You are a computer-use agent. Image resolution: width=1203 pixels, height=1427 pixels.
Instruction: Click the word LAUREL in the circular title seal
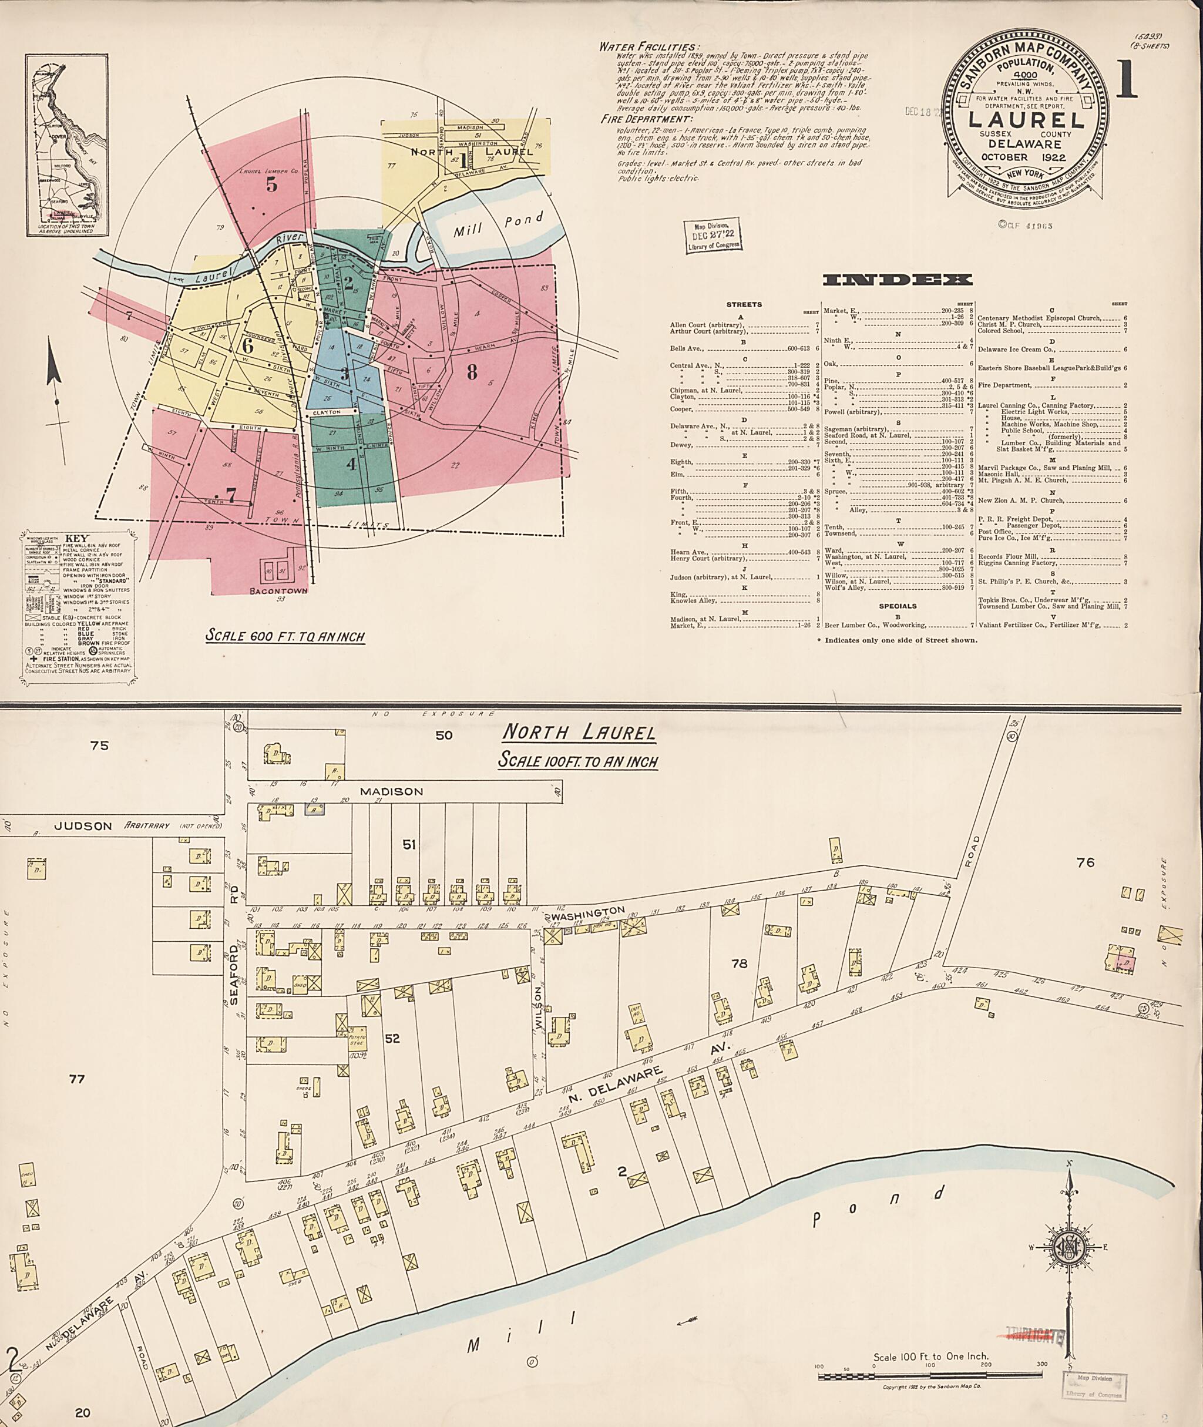pyautogui.click(x=1027, y=120)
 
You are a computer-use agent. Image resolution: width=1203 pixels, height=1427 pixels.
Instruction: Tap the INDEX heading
pyautogui.click(x=898, y=280)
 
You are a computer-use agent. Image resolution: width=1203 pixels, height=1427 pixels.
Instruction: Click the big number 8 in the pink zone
pyautogui.click(x=471, y=372)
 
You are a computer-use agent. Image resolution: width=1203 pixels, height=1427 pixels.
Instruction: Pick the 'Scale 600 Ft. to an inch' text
pyautogui.click(x=285, y=636)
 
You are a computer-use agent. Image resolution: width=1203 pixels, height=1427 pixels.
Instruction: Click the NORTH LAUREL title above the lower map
pyautogui.click(x=579, y=733)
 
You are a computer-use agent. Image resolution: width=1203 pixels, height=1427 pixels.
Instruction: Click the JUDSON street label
pyautogui.click(x=83, y=825)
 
